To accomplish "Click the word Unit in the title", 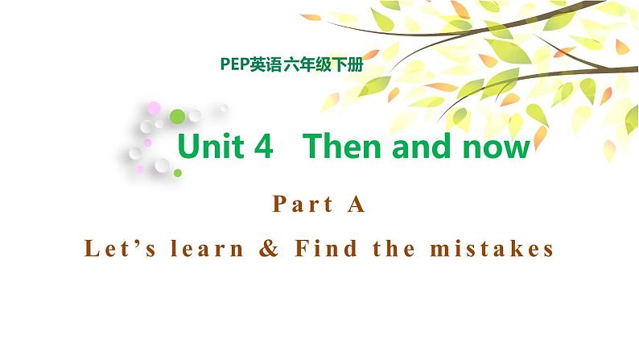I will (212, 147).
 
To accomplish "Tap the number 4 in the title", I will (265, 147).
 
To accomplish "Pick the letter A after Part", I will (357, 205).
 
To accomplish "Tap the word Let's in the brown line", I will (115, 249).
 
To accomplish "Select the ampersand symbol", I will (269, 249).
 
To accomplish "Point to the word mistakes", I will (493, 249).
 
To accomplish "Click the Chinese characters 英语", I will (266, 65).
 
